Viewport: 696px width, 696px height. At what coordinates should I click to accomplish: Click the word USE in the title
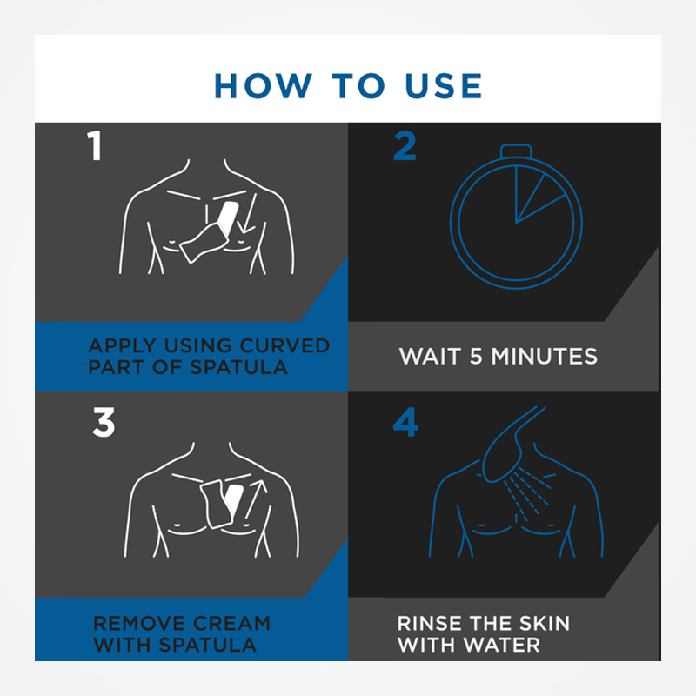(444, 85)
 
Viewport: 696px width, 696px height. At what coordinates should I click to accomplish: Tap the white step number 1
(95, 145)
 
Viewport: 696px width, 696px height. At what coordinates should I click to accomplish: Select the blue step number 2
(405, 145)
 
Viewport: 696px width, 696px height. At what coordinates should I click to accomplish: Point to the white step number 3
(104, 422)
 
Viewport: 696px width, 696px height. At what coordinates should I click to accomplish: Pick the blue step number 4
(405, 422)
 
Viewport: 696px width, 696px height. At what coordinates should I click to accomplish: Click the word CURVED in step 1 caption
(284, 345)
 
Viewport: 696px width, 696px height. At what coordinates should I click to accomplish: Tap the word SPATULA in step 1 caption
(238, 367)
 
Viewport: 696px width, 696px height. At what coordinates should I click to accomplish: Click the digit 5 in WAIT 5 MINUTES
(476, 357)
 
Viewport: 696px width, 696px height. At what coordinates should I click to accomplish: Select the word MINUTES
(545, 357)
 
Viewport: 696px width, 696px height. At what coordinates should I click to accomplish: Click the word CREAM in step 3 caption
(231, 623)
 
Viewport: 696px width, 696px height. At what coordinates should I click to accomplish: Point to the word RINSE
(429, 623)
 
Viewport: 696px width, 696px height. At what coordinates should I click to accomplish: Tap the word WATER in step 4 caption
(503, 645)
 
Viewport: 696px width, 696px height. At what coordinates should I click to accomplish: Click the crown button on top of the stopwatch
(516, 151)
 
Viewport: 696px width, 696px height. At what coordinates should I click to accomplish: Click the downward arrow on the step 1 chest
(248, 213)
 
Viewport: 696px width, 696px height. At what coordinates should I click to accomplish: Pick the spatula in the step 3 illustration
(221, 503)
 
